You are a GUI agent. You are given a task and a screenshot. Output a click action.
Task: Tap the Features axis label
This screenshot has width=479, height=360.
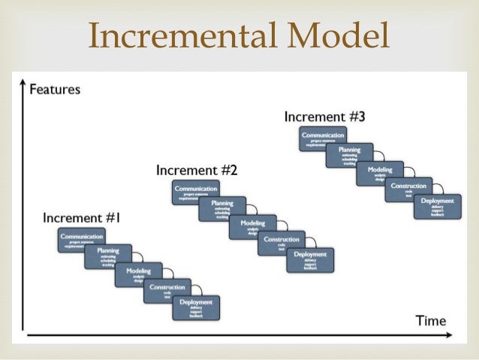55,89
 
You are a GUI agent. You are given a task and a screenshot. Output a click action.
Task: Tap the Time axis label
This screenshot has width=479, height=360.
431,321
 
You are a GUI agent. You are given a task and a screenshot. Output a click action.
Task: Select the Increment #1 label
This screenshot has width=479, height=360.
82,219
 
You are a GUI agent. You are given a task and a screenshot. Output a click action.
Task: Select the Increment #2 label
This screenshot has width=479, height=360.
196,171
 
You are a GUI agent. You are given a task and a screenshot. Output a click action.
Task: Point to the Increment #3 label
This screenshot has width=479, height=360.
324,117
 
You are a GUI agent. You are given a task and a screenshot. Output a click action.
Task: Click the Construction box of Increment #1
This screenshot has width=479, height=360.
167,290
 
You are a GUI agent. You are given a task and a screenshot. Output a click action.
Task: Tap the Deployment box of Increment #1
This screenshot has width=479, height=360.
196,307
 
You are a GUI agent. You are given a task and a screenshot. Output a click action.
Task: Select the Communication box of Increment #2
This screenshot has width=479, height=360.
195,192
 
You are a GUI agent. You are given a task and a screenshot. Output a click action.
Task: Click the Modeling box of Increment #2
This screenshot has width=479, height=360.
252,226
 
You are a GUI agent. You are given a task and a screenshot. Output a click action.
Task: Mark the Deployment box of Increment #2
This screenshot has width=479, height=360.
310,259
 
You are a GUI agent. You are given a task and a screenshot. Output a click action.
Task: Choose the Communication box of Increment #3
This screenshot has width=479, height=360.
323,139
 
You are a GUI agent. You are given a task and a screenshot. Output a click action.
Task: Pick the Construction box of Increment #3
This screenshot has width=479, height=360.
408,189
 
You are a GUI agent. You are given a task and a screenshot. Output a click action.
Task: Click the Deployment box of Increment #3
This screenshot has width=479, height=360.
437,206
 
